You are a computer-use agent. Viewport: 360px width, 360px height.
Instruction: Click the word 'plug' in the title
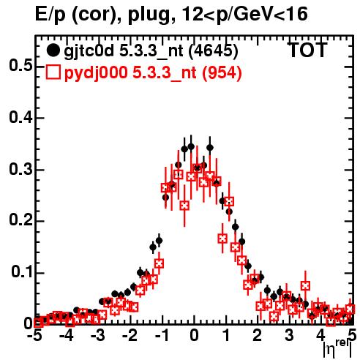(x=149, y=15)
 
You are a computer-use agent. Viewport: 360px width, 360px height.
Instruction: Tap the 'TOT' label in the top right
(x=308, y=50)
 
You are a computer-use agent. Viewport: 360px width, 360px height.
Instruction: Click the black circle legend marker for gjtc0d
(x=53, y=50)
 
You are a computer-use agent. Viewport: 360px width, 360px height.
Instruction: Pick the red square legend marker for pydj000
(x=53, y=72)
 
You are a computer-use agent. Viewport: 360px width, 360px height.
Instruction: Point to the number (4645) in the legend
(x=214, y=51)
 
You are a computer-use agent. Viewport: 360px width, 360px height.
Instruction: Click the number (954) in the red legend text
(x=222, y=73)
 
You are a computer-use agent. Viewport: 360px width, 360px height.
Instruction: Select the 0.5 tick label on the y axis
(x=20, y=66)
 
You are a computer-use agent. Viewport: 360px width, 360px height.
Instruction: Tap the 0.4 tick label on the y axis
(x=20, y=117)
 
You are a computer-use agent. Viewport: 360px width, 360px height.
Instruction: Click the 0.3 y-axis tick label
(x=20, y=169)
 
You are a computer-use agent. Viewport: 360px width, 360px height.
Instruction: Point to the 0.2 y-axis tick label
(x=20, y=220)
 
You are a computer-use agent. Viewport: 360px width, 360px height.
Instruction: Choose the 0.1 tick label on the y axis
(x=21, y=271)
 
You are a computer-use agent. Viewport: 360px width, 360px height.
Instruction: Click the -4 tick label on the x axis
(x=66, y=335)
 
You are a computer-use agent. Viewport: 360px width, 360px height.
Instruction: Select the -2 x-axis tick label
(x=130, y=335)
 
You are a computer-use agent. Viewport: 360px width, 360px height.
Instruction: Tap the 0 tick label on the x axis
(x=194, y=335)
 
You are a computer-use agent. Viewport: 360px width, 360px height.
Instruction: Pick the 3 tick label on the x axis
(x=289, y=335)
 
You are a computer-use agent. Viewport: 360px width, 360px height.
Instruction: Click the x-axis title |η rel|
(x=337, y=350)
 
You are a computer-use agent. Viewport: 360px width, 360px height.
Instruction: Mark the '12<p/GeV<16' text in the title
(x=244, y=15)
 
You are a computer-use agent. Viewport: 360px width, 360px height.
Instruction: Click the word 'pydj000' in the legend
(x=96, y=73)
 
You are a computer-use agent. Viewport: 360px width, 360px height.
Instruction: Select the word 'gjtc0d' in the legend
(x=89, y=51)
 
